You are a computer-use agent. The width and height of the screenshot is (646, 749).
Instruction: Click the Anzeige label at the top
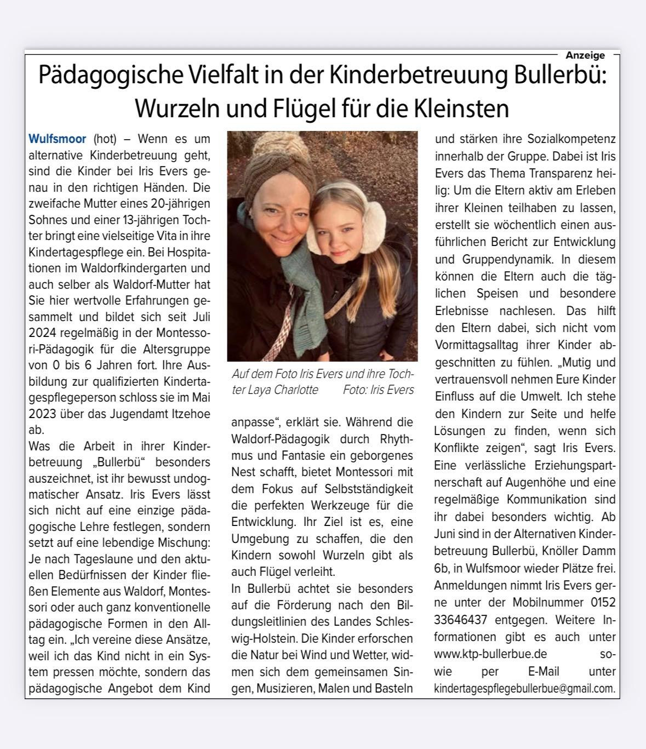(x=585, y=55)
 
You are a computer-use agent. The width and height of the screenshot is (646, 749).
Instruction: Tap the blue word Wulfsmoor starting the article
(x=57, y=139)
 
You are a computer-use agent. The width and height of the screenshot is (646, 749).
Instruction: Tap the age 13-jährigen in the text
(x=129, y=220)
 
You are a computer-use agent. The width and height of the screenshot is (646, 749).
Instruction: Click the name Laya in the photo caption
(x=245, y=390)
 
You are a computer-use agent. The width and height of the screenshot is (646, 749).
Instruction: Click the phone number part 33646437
(x=461, y=620)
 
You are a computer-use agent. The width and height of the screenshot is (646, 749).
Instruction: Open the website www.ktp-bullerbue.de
(x=490, y=654)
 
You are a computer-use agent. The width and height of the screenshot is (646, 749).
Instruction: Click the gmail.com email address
(x=524, y=689)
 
